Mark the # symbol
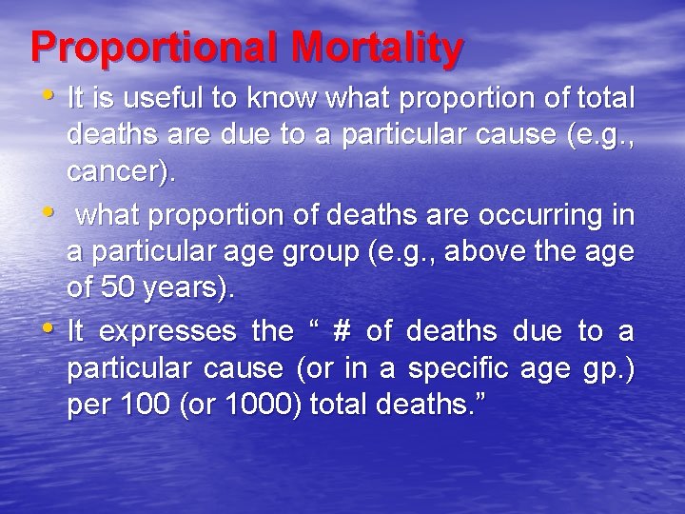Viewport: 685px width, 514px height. click(342, 330)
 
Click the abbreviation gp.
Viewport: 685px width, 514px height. click(609, 369)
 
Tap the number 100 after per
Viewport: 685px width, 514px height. click(143, 405)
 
